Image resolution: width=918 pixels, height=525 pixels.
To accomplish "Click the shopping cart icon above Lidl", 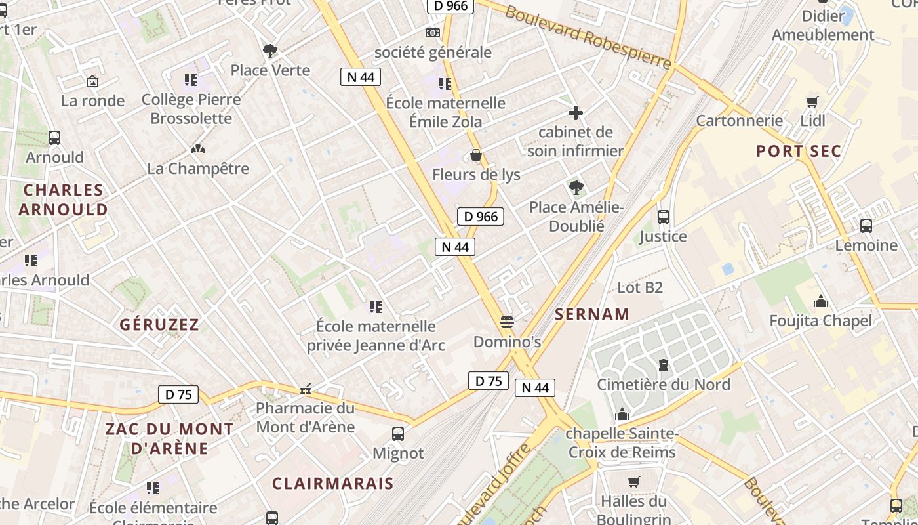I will (x=812, y=102).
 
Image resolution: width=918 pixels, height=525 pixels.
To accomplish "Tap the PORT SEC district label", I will (x=798, y=151).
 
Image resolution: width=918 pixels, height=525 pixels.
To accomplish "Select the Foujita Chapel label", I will (x=820, y=321).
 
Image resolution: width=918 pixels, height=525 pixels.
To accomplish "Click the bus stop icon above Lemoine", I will (x=866, y=226).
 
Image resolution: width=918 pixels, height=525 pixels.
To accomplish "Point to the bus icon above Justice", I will (x=663, y=217).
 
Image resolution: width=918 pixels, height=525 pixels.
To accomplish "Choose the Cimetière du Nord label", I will (x=663, y=384).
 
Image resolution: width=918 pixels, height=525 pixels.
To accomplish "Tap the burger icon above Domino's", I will (x=506, y=322).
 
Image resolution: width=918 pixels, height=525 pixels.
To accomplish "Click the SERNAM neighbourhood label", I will (x=591, y=314).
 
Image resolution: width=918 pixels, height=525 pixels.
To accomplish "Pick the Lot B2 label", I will (x=640, y=287).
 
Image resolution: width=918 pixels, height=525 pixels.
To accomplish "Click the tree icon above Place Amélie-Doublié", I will (x=576, y=188).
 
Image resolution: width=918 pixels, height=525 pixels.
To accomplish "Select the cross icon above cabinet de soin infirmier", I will (x=575, y=113).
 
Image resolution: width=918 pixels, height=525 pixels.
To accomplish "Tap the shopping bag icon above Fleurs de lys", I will (x=476, y=156).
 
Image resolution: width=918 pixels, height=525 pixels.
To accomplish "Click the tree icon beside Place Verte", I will (x=269, y=51).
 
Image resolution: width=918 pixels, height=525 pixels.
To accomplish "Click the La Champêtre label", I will (x=198, y=169).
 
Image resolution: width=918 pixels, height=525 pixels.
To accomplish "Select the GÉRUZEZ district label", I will (x=159, y=324).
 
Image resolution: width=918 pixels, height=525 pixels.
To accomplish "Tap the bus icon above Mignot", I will (x=397, y=434).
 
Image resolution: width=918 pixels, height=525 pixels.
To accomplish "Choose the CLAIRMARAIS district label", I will (x=332, y=484).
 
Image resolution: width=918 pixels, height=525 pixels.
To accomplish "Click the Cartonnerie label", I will (x=739, y=121).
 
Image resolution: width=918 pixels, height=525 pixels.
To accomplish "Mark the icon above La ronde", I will (x=92, y=82).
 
